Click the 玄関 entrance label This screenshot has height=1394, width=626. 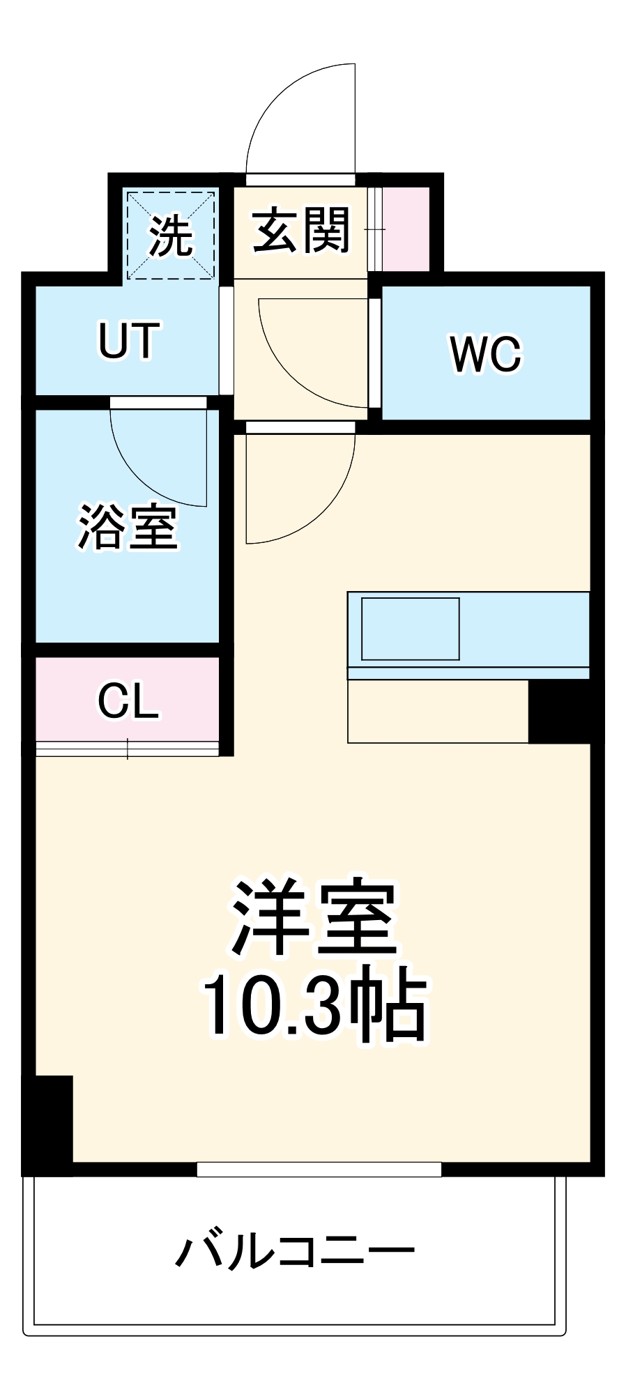(300, 230)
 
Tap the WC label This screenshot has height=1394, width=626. (486, 354)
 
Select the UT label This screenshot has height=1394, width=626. (129, 341)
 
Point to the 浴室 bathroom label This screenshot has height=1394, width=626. (128, 527)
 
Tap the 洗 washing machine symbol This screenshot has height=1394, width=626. (171, 236)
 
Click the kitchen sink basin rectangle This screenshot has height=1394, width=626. (410, 628)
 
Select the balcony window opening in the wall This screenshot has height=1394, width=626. (319, 1169)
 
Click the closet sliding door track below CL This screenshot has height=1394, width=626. (128, 749)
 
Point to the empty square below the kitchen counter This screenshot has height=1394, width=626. (438, 711)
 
